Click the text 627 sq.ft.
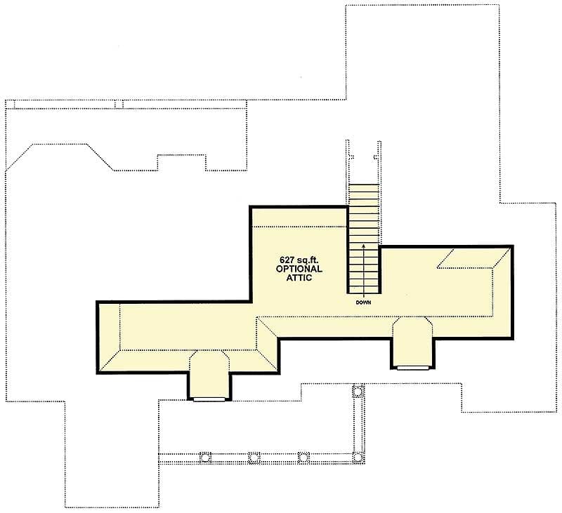pos(299,260)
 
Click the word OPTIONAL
pos(299,269)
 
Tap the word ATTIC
pos(299,278)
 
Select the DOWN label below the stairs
pos(363,302)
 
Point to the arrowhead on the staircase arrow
pos(363,246)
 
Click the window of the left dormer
pos(209,399)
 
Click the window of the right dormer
pos(413,368)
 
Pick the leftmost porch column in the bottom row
pos(205,458)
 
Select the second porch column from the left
pos(254,458)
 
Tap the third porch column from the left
pos(303,458)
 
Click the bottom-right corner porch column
pos(358,457)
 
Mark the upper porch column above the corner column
pos(358,391)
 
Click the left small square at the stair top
pos(351,156)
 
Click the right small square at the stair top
pos(376,156)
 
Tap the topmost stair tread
pos(363,188)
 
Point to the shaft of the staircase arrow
pos(363,273)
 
